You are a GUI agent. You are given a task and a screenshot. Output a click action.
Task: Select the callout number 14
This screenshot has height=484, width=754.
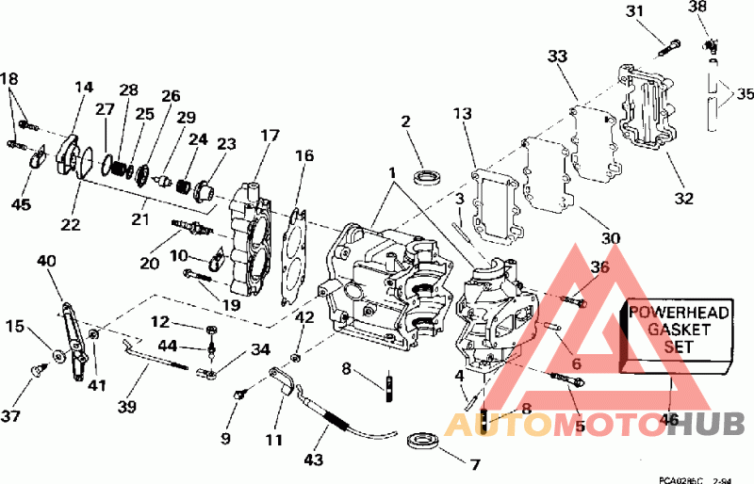point(83,88)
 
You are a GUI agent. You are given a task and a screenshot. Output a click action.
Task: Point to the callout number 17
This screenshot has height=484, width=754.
point(270,136)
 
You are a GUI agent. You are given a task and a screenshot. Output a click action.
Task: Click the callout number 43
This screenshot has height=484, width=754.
point(313,460)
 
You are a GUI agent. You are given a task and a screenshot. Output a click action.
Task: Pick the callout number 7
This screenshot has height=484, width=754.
point(476,464)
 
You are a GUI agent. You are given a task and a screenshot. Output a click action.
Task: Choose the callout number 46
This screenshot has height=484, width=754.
point(670,420)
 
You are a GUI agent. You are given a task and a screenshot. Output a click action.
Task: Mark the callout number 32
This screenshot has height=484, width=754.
point(683,199)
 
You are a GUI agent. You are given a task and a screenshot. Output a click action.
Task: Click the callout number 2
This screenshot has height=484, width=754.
point(405,121)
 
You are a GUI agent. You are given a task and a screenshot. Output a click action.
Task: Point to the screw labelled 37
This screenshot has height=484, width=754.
point(39,370)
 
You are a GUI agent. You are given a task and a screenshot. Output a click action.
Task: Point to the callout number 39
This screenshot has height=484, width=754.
point(126,406)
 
